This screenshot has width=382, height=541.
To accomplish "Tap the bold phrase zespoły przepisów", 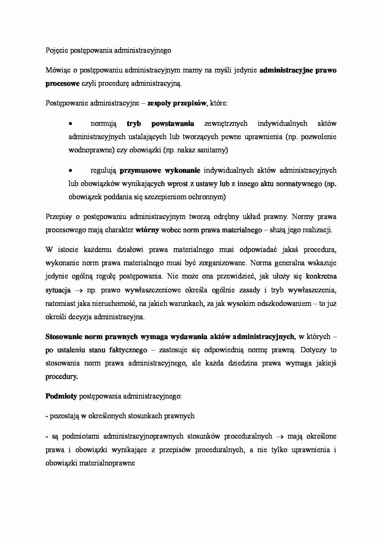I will tap(177, 103).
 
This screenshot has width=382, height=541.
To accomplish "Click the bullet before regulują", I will tap(71, 171).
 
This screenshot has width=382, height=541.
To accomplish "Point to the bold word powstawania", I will tap(173, 124).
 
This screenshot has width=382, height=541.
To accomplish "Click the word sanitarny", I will tap(213, 150).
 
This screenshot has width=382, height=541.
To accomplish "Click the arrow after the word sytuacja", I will tap(79, 291).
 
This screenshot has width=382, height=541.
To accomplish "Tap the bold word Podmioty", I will tap(61, 396).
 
